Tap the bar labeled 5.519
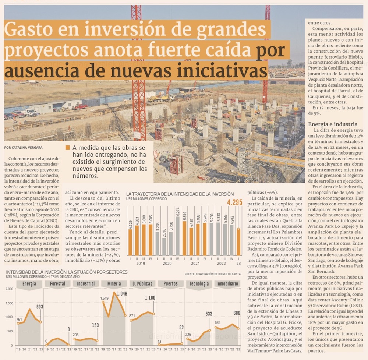pos(185,238)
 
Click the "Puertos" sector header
pos(171,284)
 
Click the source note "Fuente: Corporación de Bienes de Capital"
pos(213,274)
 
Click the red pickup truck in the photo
pos(81,106)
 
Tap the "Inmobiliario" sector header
pos(227,284)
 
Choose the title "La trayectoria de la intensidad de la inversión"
pos(180,194)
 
